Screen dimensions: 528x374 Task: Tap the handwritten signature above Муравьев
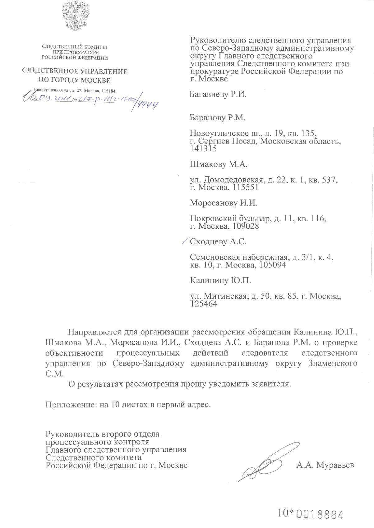pyautogui.click(x=268, y=463)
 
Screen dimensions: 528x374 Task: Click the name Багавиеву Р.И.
pyautogui.click(x=218, y=94)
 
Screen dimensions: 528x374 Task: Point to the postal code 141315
pyautogui.click(x=203, y=149)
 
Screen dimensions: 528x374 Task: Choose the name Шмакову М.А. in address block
pyautogui.click(x=219, y=164)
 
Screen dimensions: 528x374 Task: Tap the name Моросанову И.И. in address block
pyautogui.click(x=224, y=203)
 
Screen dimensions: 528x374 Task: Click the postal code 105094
pyautogui.click(x=272, y=265)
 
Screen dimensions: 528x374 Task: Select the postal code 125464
pyautogui.click(x=203, y=304)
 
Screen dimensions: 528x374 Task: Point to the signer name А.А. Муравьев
pyautogui.click(x=325, y=465)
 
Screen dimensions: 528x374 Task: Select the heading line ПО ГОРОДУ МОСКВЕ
pyautogui.click(x=75, y=80)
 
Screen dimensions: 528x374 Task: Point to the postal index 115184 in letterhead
pyautogui.click(x=108, y=91)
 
